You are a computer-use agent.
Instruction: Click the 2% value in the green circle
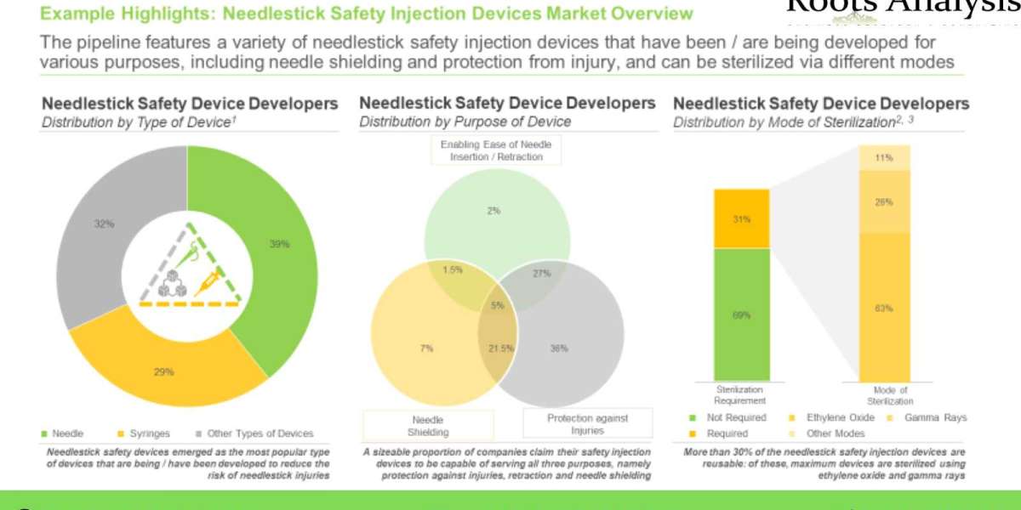(x=493, y=211)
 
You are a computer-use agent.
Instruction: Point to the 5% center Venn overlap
(x=497, y=304)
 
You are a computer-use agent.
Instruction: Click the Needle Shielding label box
(x=428, y=425)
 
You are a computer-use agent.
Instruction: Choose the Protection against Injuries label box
(x=587, y=424)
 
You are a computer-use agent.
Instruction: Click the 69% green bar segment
(x=741, y=314)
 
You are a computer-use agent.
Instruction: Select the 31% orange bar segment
(x=741, y=218)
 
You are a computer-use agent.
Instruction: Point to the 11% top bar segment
(x=884, y=157)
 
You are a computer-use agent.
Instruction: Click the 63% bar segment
(x=884, y=308)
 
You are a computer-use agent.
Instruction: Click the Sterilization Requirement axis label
(x=741, y=394)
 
